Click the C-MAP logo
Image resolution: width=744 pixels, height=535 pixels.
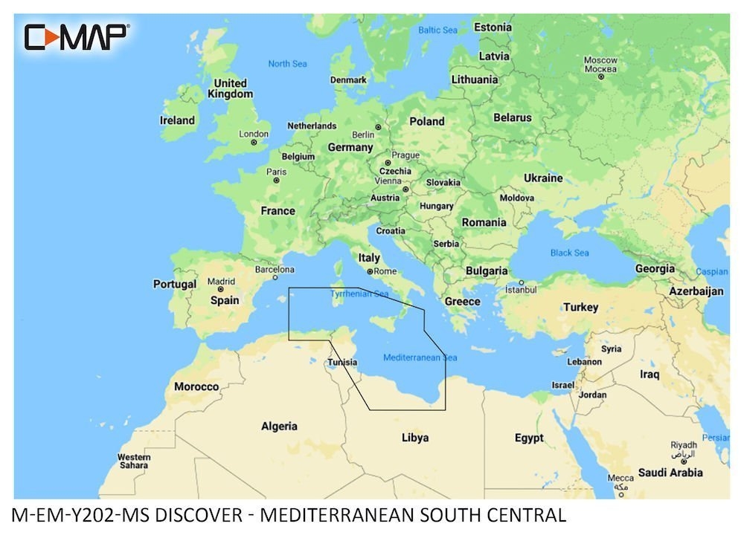(x=77, y=36)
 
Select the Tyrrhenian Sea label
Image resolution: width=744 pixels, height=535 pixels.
(x=360, y=294)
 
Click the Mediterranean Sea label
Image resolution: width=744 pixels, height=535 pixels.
(x=420, y=358)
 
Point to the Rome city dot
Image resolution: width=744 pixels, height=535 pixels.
(x=370, y=272)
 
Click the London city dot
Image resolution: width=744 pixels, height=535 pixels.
(x=254, y=142)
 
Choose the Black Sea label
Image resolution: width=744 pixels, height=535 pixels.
(x=569, y=253)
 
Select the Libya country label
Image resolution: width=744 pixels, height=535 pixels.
(x=415, y=438)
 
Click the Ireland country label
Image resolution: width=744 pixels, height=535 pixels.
(x=177, y=120)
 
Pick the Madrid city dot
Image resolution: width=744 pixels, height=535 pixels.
(x=220, y=290)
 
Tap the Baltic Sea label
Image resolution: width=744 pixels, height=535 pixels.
(x=437, y=30)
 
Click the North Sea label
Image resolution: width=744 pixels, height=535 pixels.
(x=287, y=64)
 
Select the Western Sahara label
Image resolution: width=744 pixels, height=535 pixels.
(x=134, y=461)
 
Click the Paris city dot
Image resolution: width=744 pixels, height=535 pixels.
(x=276, y=180)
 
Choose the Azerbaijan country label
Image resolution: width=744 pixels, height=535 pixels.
(x=696, y=291)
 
